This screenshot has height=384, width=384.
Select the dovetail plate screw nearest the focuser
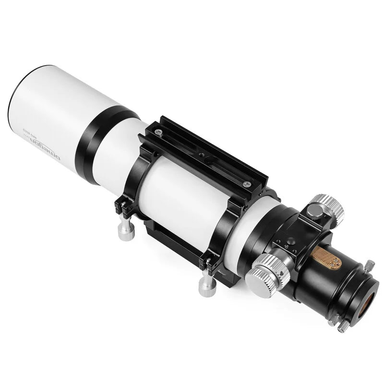pyautogui.click(x=247, y=184)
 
